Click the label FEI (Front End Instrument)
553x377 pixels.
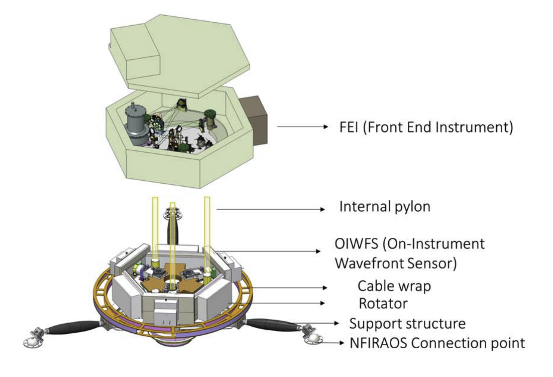tap(426, 127)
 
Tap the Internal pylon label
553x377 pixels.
tap(385, 206)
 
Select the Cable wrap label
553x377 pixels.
tap(394, 286)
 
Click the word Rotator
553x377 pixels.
tap(383, 304)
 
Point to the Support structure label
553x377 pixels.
tap(407, 323)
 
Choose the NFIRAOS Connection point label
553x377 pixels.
tap(437, 343)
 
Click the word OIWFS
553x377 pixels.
tap(357, 244)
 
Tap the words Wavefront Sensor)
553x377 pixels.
tap(395, 263)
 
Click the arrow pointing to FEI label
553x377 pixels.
tap(302, 127)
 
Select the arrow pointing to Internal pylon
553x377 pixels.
tap(270, 209)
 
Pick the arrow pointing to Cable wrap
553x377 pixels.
tap(291, 287)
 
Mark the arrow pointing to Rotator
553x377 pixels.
tap(287, 303)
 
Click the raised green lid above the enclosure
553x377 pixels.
tap(179, 52)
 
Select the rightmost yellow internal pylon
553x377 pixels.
tap(207, 231)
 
